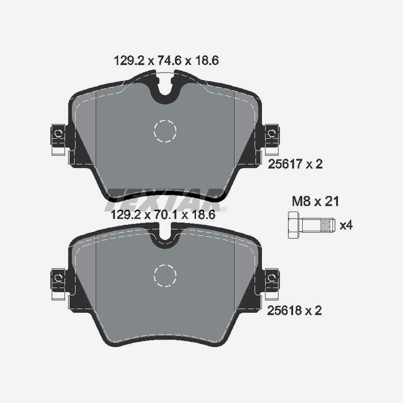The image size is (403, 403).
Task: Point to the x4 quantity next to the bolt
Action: click(346, 225)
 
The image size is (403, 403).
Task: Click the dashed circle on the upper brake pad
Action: click(165, 131)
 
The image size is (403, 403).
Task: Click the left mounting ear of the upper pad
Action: click(58, 134)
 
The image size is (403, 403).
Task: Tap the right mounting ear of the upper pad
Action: click(273, 134)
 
